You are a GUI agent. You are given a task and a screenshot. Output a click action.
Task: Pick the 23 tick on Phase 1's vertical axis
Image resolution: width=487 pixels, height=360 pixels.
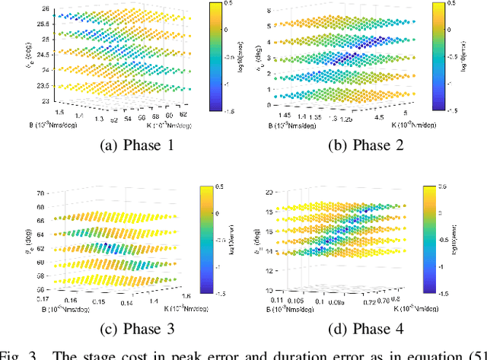46,100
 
